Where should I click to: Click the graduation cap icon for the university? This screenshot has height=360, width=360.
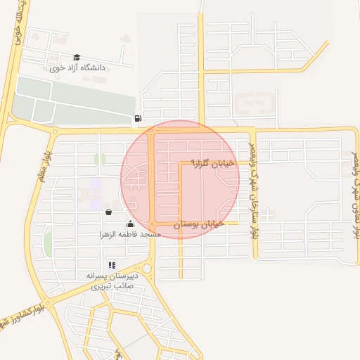[77, 58]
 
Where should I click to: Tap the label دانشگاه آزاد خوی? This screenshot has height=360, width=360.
[77, 68]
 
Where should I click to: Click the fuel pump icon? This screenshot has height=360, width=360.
[137, 118]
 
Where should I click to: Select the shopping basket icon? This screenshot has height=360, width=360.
[108, 212]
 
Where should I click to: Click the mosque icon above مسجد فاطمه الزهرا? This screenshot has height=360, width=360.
[130, 224]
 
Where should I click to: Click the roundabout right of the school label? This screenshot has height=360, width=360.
[146, 269]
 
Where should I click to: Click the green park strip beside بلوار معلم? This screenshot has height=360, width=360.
[48, 243]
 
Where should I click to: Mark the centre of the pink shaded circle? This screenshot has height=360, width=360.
[180, 179]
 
